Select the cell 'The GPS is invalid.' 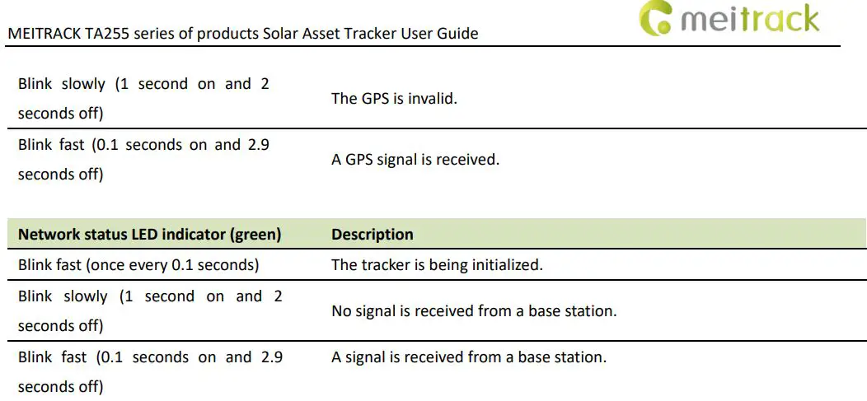coord(394,99)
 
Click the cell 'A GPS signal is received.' coord(415,160)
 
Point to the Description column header coord(373,235)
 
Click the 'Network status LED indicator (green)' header coord(149,235)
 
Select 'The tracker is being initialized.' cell coord(437,265)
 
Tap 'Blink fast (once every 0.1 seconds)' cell coord(138,265)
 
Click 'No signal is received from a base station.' coord(474,311)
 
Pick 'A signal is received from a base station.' coord(469,357)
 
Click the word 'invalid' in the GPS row coord(433,99)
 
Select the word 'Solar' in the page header coord(287,35)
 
